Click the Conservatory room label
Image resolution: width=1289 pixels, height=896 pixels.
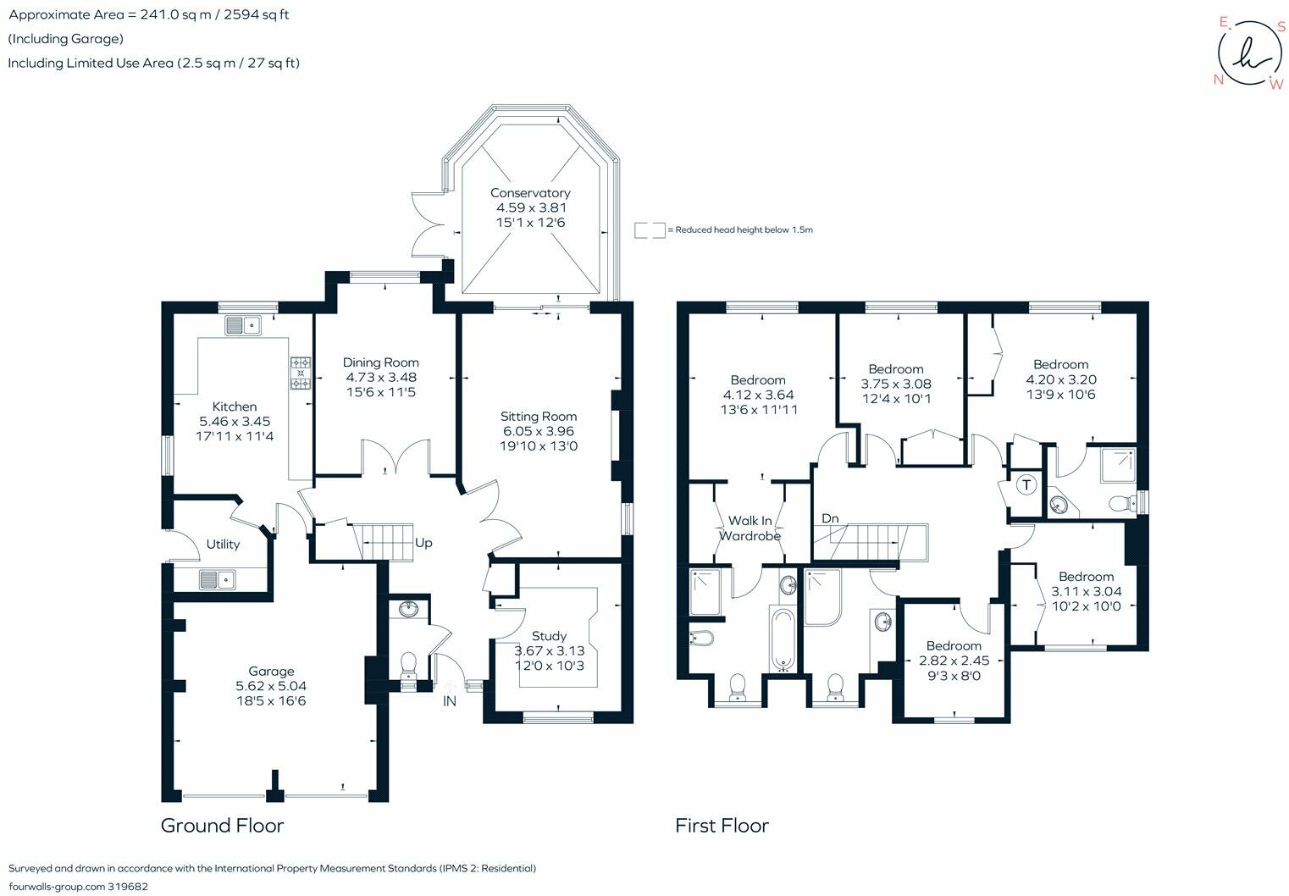[x=530, y=193]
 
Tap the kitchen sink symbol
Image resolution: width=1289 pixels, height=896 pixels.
[x=243, y=326]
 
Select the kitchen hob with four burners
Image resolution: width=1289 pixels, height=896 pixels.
[x=301, y=373]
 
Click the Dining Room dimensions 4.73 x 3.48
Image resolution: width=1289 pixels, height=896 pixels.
[x=381, y=378]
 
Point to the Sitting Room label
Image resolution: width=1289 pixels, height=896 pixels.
[x=538, y=416]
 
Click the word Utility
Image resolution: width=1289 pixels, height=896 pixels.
[x=223, y=545]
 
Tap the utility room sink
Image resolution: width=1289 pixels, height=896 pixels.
[x=218, y=579]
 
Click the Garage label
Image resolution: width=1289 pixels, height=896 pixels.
[x=271, y=671]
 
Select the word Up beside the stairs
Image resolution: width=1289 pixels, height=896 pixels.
[x=423, y=543]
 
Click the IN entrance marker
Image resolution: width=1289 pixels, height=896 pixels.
[x=450, y=701]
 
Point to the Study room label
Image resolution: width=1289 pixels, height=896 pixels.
[x=549, y=636]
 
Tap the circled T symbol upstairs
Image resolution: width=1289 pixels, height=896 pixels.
[x=1026, y=484]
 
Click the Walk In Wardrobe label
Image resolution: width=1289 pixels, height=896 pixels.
[x=750, y=528]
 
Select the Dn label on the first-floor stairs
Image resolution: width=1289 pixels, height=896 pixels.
[x=830, y=518]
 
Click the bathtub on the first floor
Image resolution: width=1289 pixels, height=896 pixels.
[x=783, y=639]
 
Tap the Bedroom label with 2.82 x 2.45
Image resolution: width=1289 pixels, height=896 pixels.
[x=954, y=646]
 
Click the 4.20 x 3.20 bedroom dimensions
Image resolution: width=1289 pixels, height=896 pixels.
[x=1061, y=379]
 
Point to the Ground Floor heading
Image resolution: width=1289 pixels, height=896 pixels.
[x=222, y=826]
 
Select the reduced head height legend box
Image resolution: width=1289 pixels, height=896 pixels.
[x=650, y=230]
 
